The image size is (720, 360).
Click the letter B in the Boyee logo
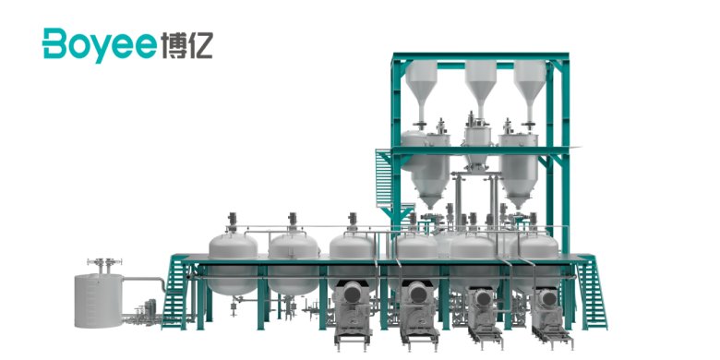55,43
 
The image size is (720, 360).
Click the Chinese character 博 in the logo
174,45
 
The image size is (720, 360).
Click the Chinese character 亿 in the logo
200,45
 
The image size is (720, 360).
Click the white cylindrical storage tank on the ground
99,301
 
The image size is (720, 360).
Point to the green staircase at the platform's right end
592,292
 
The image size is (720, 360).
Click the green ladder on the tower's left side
383,178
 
